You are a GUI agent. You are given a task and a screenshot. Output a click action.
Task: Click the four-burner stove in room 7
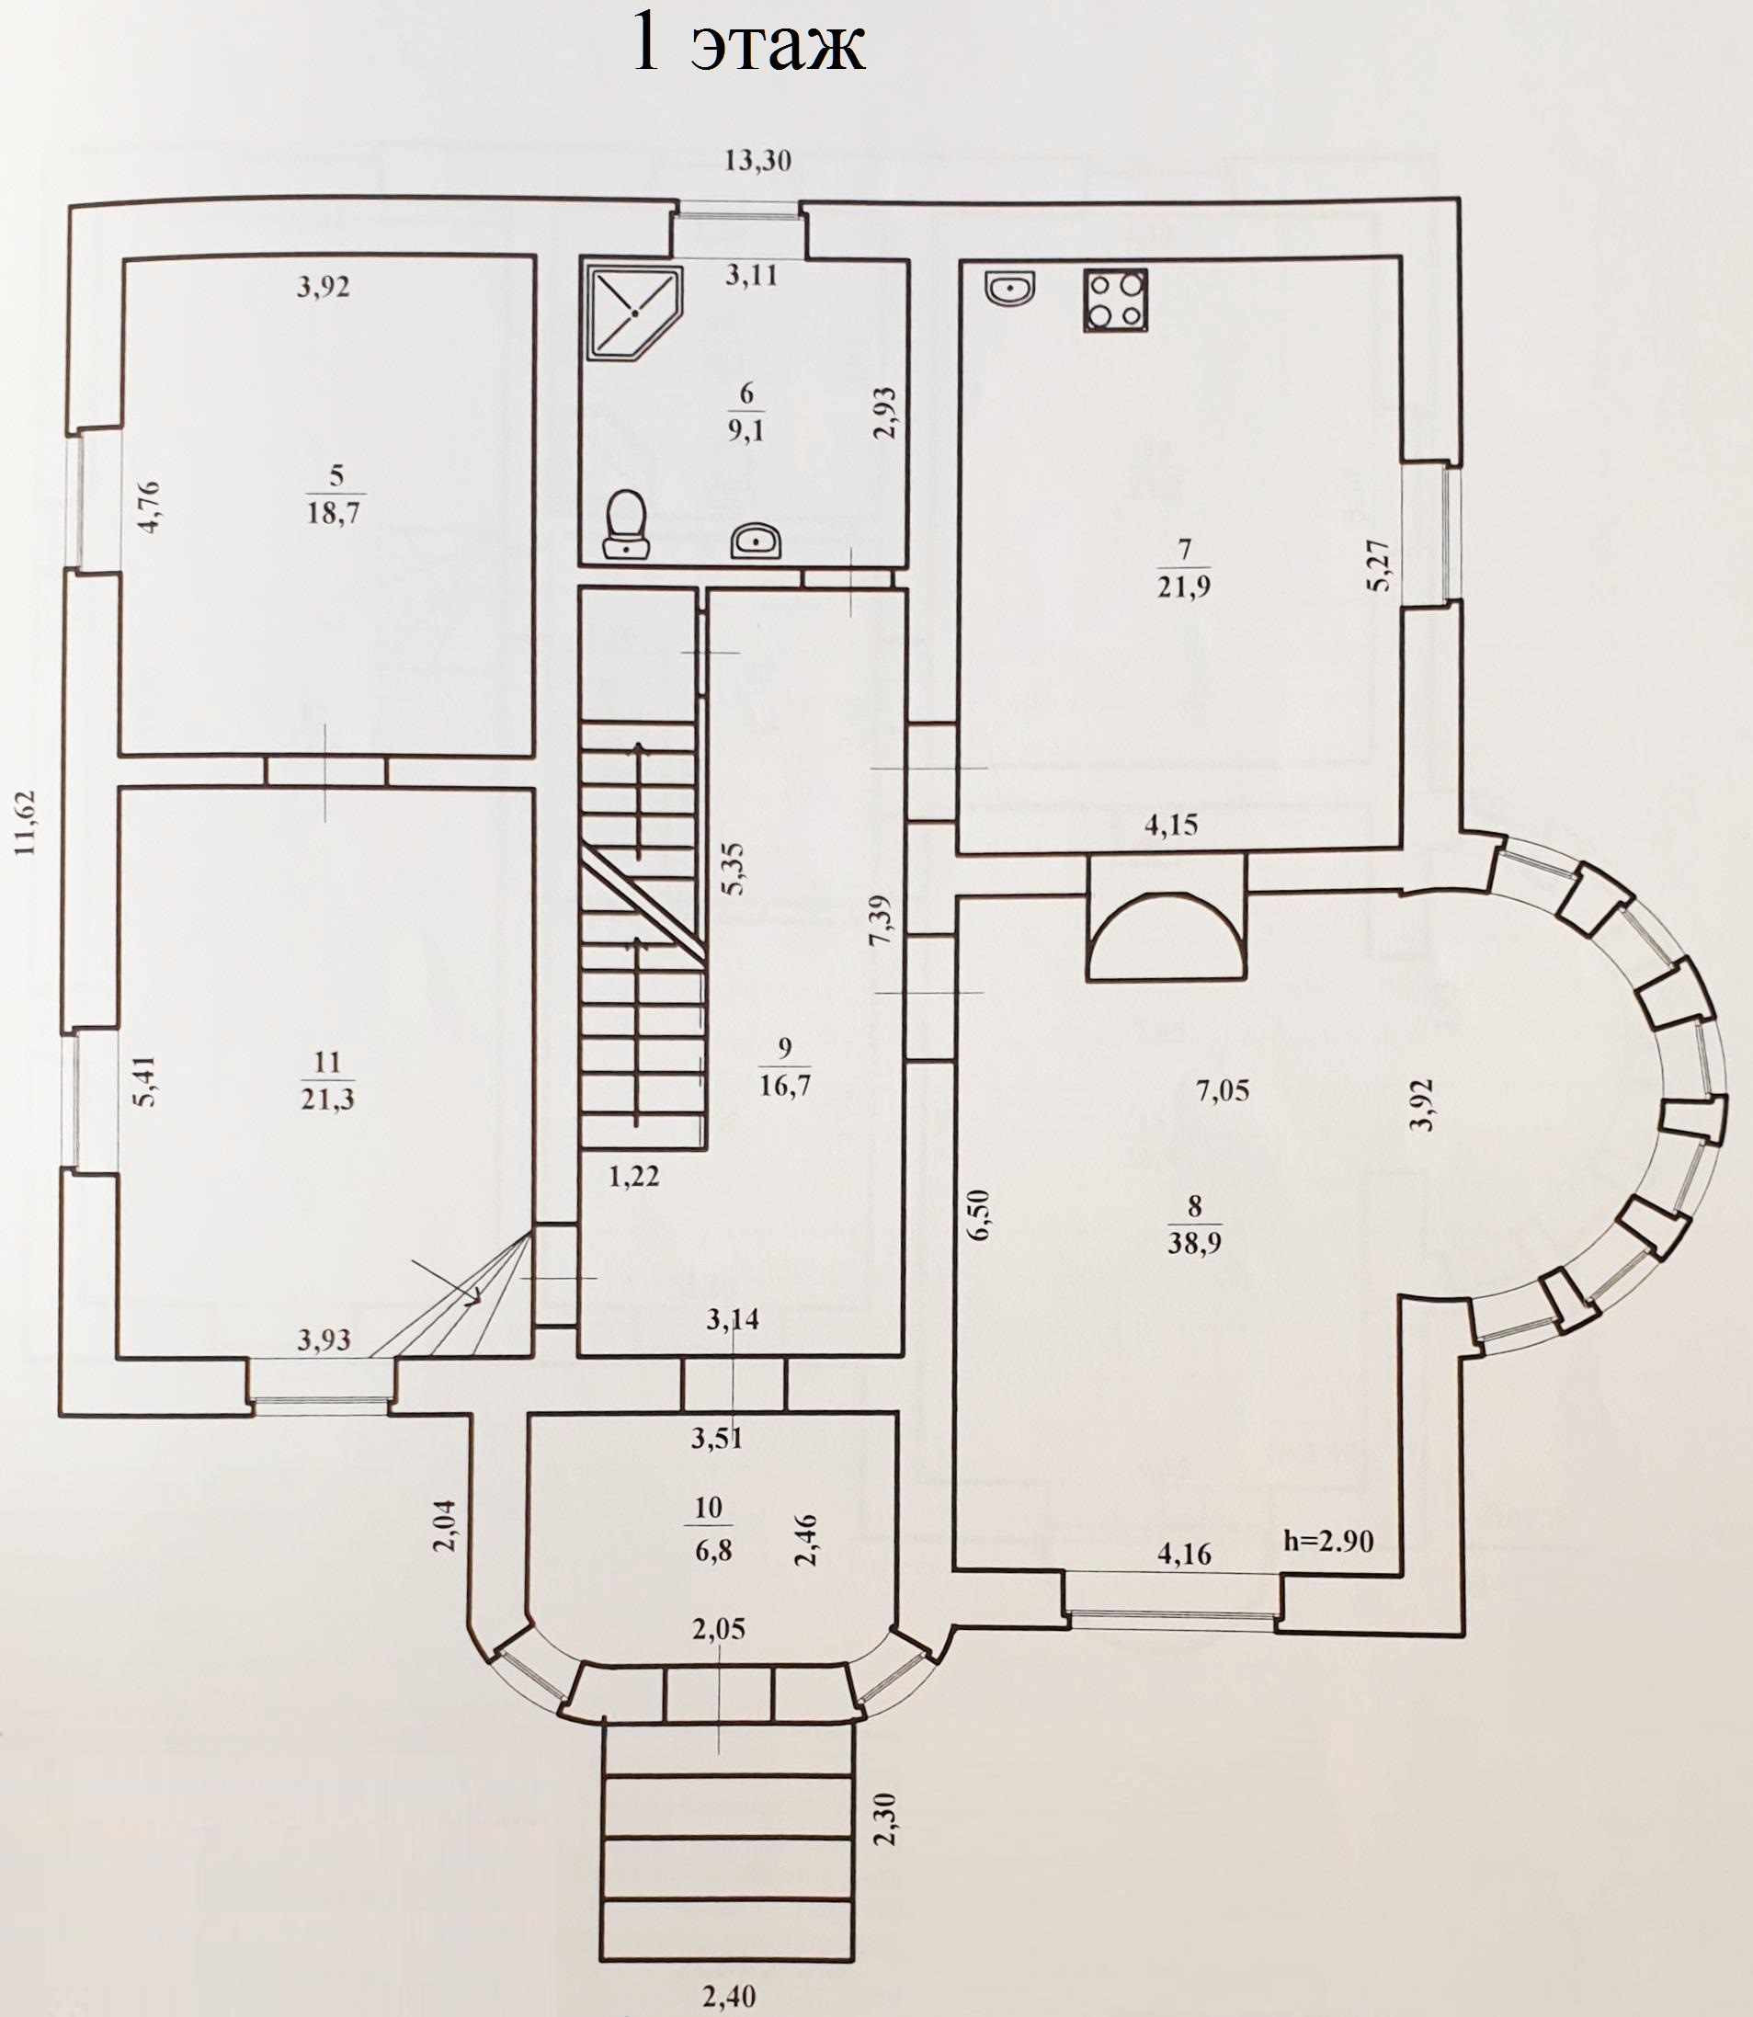point(1115,300)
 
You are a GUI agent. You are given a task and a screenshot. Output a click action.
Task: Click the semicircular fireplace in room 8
point(1166,938)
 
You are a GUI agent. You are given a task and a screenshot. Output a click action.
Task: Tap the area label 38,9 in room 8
point(1193,1242)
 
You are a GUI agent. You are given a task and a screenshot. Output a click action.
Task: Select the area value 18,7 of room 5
point(334,511)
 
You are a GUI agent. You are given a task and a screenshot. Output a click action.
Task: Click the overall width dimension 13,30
point(757,160)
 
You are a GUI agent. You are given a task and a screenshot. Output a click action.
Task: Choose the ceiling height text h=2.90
point(1327,1542)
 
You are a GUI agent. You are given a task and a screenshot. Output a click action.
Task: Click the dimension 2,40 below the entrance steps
point(730,1996)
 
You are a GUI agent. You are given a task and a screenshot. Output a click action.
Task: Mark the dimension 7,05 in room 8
point(1223,1089)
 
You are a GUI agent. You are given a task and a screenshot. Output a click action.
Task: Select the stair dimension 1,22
point(634,1176)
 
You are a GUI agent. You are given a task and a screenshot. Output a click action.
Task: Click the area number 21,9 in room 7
point(1183,587)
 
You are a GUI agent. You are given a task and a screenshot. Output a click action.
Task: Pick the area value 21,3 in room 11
point(327,1099)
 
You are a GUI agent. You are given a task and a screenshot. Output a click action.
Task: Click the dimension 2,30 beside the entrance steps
point(885,1818)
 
